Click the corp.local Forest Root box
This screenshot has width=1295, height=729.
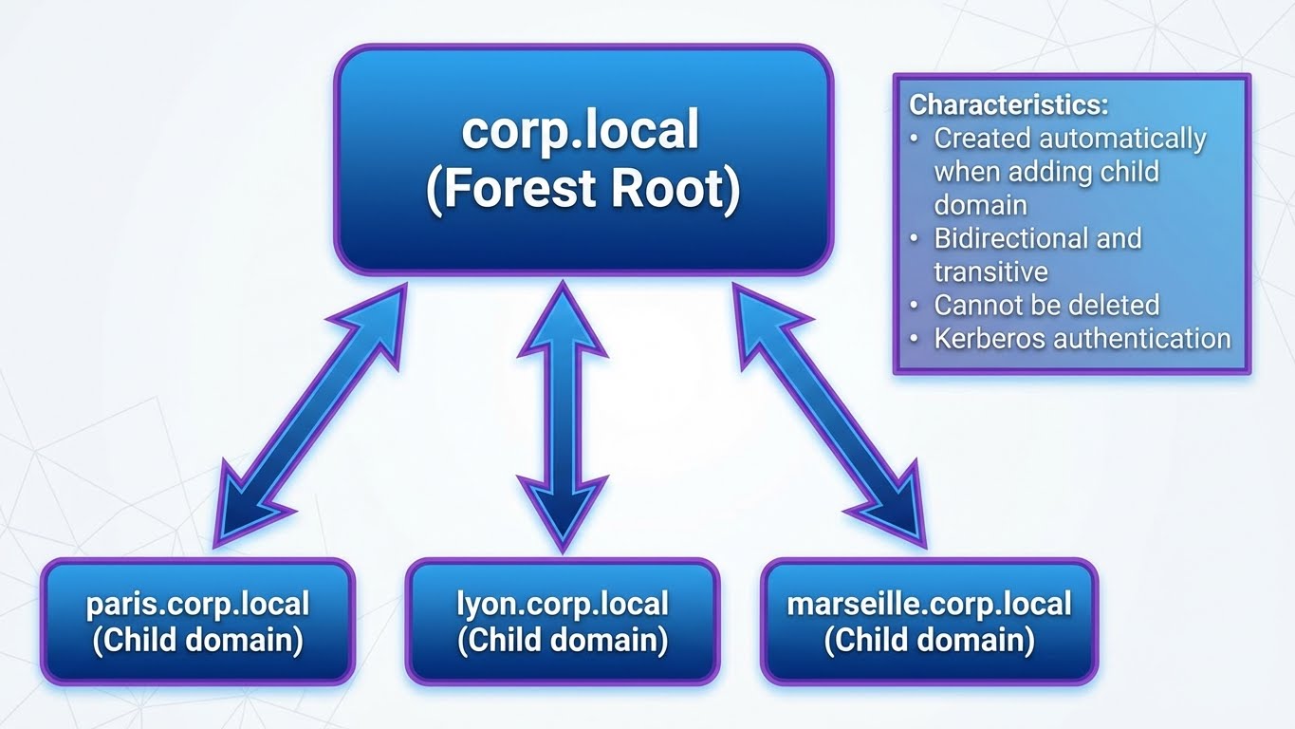(x=583, y=159)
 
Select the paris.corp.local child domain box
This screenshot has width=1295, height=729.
(x=197, y=621)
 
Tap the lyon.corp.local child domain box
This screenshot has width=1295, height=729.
(x=562, y=621)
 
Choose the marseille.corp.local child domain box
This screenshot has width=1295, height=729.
(x=929, y=621)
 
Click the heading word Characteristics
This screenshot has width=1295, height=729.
(x=1008, y=104)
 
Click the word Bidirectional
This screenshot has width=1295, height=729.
(x=1010, y=237)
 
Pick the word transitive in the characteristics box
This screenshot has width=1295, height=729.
(x=990, y=271)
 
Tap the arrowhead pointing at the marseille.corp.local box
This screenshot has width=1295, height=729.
(x=897, y=507)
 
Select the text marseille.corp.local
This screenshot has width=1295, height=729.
(x=929, y=604)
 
